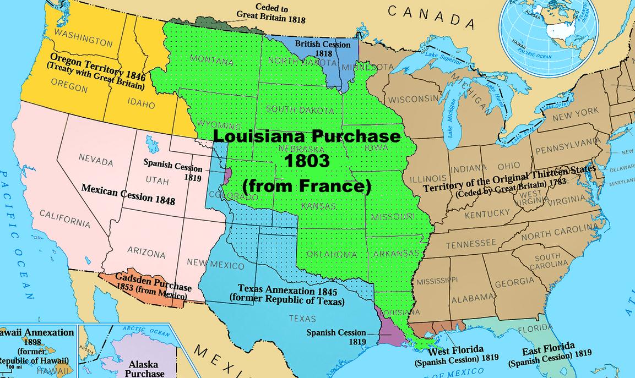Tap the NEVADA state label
coord(96,160)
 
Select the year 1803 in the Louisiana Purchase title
coord(307,161)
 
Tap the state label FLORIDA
coord(534,329)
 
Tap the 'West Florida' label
coord(448,350)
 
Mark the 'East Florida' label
coord(549,348)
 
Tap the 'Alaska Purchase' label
coord(143,368)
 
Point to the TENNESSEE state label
coord(470,244)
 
